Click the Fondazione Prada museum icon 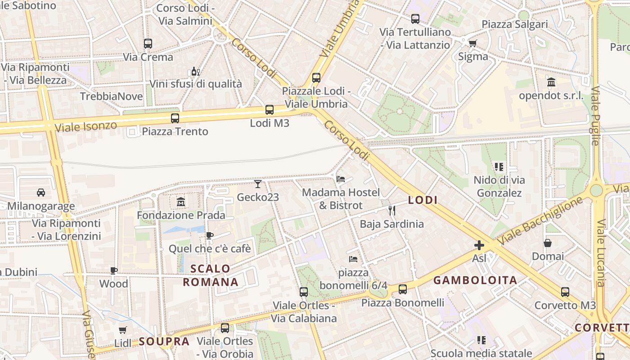pyautogui.click(x=181, y=202)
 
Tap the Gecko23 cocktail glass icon pyautogui.click(x=258, y=184)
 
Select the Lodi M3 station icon pyautogui.click(x=270, y=109)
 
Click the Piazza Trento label pyautogui.click(x=175, y=131)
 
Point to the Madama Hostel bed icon pyautogui.click(x=341, y=179)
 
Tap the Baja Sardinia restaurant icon pyautogui.click(x=391, y=210)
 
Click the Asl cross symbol pyautogui.click(x=479, y=245)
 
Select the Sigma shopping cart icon pyautogui.click(x=472, y=43)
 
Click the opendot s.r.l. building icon pyautogui.click(x=551, y=82)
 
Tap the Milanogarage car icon pyautogui.click(x=41, y=193)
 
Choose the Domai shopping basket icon pyautogui.click(x=548, y=243)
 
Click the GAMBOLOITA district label pyautogui.click(x=475, y=280)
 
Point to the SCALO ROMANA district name pyautogui.click(x=210, y=275)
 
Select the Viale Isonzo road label pyautogui.click(x=85, y=126)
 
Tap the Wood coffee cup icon pyautogui.click(x=114, y=270)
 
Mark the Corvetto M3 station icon pyautogui.click(x=565, y=292)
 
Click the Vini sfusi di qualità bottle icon pyautogui.click(x=195, y=71)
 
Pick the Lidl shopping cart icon pyautogui.click(x=123, y=330)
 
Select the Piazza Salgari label pyautogui.click(x=515, y=24)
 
